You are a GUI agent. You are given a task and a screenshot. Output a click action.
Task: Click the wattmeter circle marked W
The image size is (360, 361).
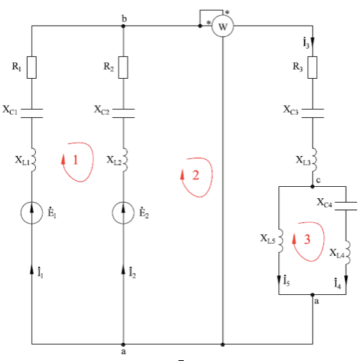pos(223,26)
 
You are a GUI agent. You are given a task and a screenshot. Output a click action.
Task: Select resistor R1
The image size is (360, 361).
pos(31,68)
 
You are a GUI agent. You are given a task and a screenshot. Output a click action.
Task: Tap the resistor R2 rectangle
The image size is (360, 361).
pos(123,68)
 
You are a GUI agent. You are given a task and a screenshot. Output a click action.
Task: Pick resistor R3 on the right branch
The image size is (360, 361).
pos(313,68)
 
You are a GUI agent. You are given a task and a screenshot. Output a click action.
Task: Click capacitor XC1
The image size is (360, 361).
pos(31,113)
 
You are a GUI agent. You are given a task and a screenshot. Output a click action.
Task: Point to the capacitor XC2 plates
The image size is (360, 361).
pos(123,113)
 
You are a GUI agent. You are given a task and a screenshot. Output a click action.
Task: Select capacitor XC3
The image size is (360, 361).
pos(313,113)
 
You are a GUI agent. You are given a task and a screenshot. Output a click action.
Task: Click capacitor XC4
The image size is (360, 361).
pos(346,206)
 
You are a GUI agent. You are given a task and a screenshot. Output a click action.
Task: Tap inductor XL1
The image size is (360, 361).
pos(34,160)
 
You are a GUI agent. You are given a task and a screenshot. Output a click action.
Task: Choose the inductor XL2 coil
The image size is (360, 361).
pos(125,160)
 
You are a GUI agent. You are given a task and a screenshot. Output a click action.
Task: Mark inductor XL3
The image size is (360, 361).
pos(314,160)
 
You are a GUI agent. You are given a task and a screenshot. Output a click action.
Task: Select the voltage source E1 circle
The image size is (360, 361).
pos(31,212)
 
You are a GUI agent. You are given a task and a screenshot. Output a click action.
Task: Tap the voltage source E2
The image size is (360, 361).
pos(123,212)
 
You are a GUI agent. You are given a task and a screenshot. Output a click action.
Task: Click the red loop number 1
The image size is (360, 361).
pos(76,160)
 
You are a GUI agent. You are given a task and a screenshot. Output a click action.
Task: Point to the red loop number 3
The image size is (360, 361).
pos(307,239)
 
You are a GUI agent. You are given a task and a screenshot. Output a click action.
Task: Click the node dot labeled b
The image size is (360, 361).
pos(123,26)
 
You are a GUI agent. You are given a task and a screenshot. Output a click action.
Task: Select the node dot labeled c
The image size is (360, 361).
pos(313,186)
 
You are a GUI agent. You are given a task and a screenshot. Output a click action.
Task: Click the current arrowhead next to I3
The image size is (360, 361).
pos(313,41)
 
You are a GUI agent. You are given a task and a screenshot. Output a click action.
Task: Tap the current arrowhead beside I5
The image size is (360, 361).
pos(279,280)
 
